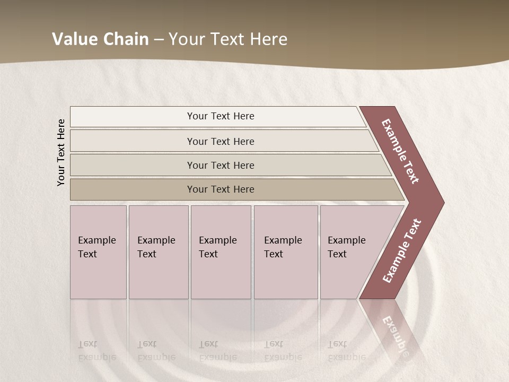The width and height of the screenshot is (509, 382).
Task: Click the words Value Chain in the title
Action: (100, 39)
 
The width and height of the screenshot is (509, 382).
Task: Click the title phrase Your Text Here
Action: (228, 39)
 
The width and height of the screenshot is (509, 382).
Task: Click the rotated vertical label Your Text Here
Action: (61, 152)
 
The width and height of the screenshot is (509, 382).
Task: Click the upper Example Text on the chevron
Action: (400, 151)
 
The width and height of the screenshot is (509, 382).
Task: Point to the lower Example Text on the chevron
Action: (402, 250)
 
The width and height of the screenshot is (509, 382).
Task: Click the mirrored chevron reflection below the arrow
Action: (395, 329)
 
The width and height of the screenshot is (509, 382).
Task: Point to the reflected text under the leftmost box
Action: (96, 351)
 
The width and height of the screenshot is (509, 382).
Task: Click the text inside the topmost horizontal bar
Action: (221, 116)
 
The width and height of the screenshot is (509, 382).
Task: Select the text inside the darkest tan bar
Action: (221, 189)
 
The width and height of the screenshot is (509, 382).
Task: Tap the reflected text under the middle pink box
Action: (217, 351)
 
